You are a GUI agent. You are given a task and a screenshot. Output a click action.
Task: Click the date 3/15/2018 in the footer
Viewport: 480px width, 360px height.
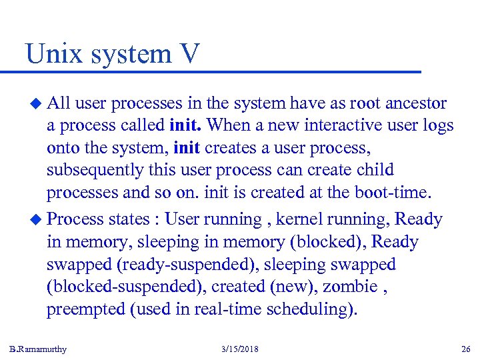(239, 349)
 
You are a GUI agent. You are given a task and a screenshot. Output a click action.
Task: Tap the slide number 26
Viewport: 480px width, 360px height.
(465, 349)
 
